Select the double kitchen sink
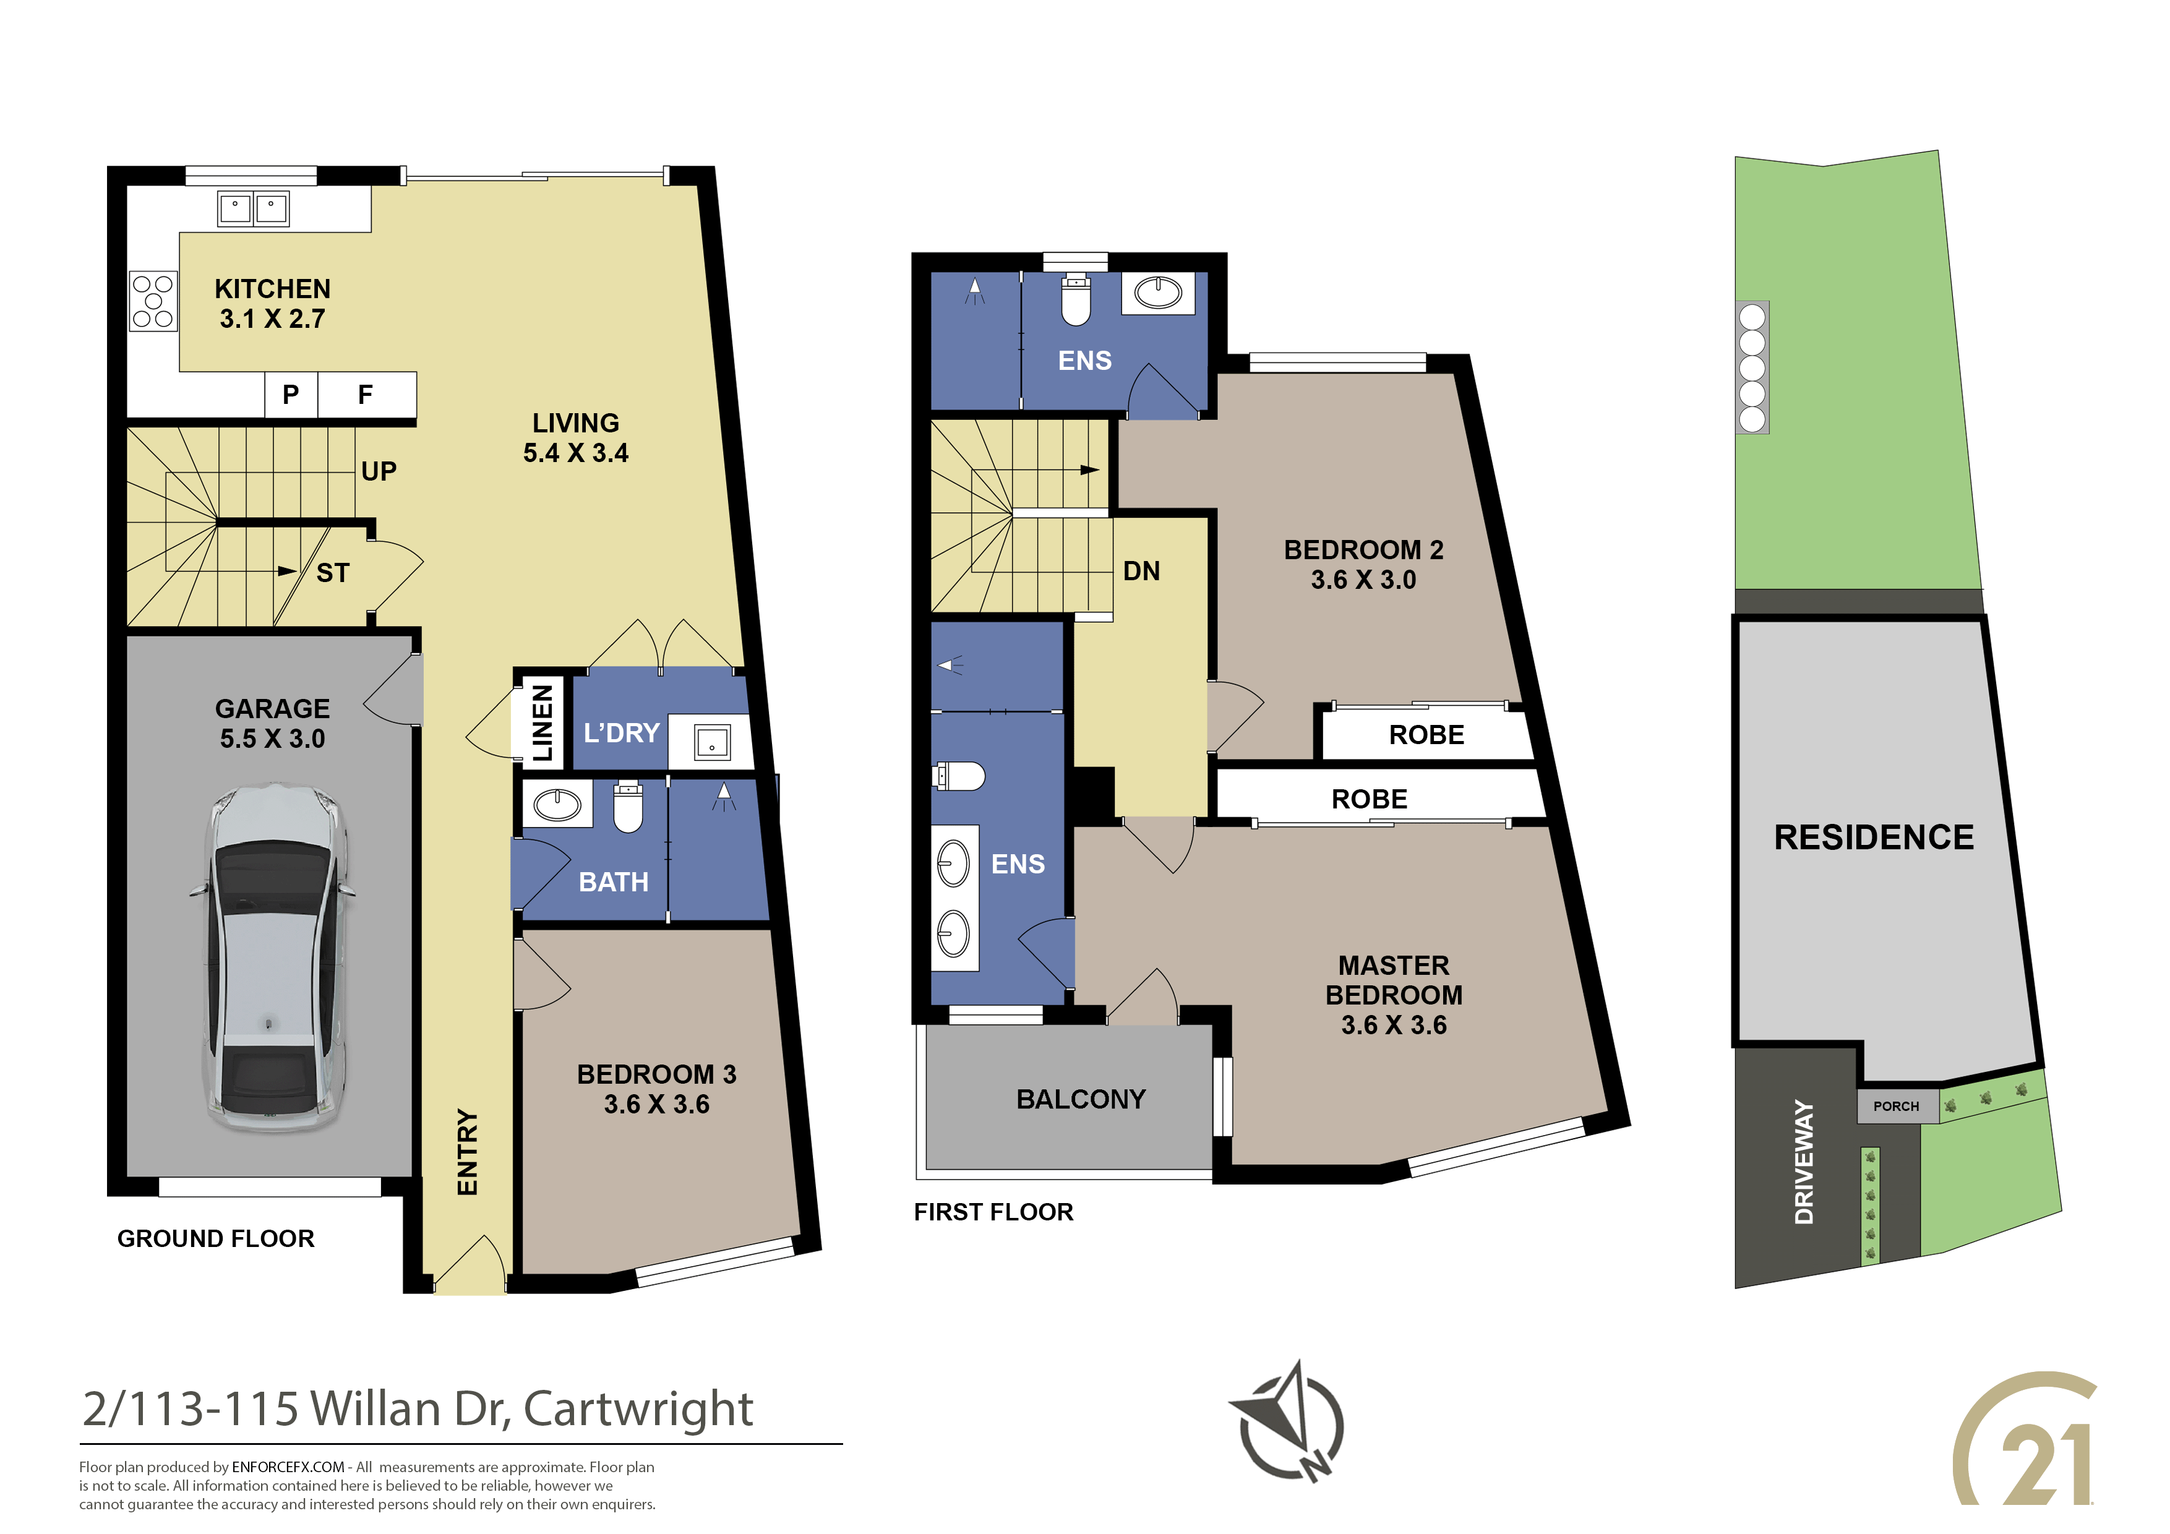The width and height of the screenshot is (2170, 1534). (253, 208)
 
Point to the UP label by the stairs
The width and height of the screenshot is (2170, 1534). (379, 471)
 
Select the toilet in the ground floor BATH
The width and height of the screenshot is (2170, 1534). (628, 806)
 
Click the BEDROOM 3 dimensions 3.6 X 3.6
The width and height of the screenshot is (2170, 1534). (657, 1104)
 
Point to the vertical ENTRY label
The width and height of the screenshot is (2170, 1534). (468, 1152)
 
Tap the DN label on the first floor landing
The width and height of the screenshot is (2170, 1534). (1142, 571)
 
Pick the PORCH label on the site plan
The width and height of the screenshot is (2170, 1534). (1896, 1106)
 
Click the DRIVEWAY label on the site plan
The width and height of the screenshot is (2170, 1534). (1804, 1162)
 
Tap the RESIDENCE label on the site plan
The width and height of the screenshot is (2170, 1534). (1874, 838)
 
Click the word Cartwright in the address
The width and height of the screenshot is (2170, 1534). (638, 1409)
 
